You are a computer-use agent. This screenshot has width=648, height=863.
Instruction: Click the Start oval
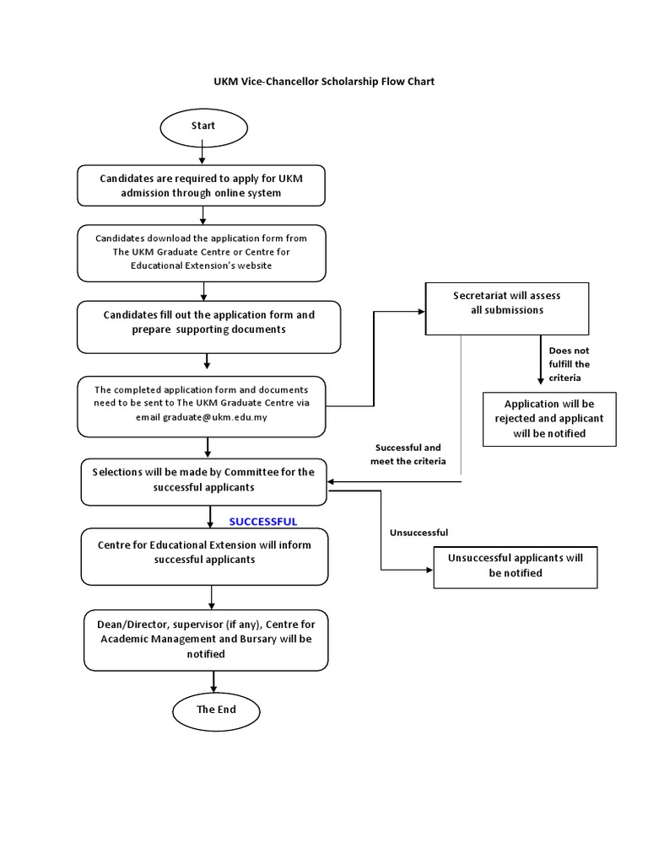click(x=203, y=126)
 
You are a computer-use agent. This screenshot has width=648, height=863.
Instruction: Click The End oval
click(x=216, y=710)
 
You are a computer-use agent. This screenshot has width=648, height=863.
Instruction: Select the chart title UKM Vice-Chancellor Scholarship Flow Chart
click(x=323, y=82)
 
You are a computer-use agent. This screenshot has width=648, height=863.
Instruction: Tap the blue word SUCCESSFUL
click(x=262, y=522)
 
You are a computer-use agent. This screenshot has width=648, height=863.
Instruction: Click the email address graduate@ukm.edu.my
click(x=215, y=416)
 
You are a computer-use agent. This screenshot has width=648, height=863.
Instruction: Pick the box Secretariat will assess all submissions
click(x=506, y=304)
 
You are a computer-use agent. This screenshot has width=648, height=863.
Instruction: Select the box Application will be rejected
click(x=548, y=419)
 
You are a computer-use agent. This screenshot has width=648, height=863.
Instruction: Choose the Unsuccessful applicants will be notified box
click(x=515, y=566)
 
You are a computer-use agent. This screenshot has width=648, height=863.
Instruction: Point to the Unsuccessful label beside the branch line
click(x=418, y=533)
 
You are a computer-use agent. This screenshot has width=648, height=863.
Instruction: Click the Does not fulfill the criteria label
click(x=570, y=364)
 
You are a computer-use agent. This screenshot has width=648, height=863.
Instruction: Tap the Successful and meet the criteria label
click(x=408, y=454)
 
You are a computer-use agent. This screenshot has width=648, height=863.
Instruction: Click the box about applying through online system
click(x=201, y=185)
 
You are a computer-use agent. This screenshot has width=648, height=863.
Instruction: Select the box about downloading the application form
click(x=201, y=252)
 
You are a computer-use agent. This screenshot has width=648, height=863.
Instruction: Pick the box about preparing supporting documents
click(x=208, y=322)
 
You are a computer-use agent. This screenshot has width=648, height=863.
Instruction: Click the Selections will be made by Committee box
click(x=203, y=480)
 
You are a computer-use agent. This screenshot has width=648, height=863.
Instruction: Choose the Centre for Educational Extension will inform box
click(x=203, y=553)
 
